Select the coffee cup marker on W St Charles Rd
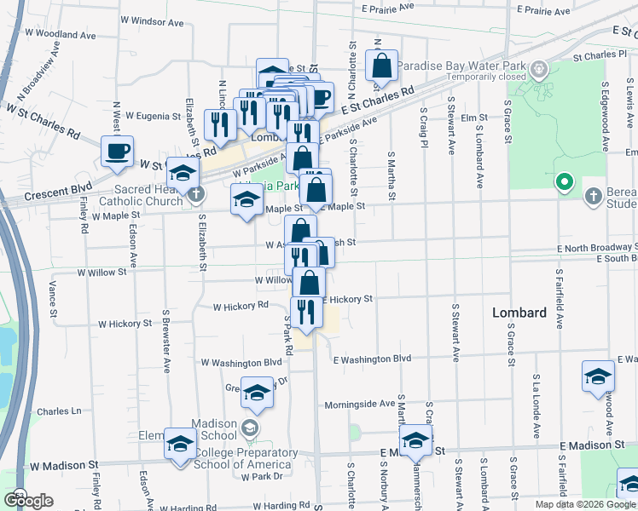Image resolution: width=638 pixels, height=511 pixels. pos(117,152)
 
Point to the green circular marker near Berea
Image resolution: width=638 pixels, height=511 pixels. pos(563,181)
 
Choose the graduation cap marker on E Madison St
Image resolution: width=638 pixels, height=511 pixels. pos(415,440)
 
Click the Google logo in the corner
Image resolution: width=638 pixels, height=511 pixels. pos(28,501)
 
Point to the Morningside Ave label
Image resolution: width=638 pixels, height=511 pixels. pos(359,403)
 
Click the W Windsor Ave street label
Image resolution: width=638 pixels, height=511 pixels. pos(154,19)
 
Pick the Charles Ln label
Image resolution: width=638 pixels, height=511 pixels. pos(59,411)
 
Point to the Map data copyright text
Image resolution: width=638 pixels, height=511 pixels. pos(585,504)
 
